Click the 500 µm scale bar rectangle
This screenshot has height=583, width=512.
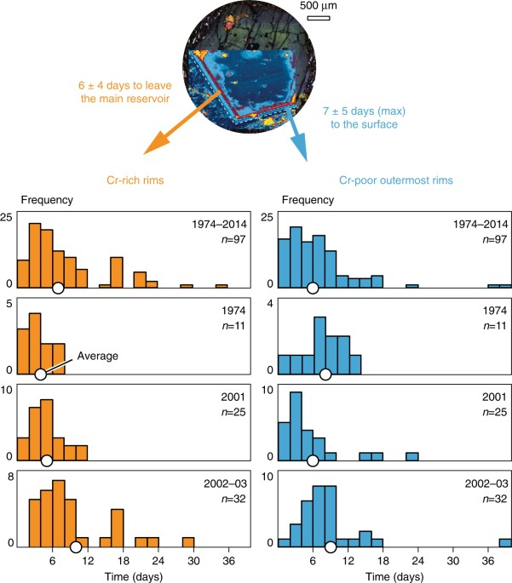pyautogui.click(x=318, y=18)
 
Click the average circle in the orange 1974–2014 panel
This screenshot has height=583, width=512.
pyautogui.click(x=58, y=289)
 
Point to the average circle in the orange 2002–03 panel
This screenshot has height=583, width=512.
pyautogui.click(x=76, y=546)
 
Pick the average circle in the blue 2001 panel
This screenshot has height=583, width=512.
pyautogui.click(x=313, y=460)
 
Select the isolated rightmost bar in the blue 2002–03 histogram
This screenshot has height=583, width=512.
pyautogui.click(x=505, y=542)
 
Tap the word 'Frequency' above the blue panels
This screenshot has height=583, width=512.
pyautogui.click(x=308, y=201)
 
